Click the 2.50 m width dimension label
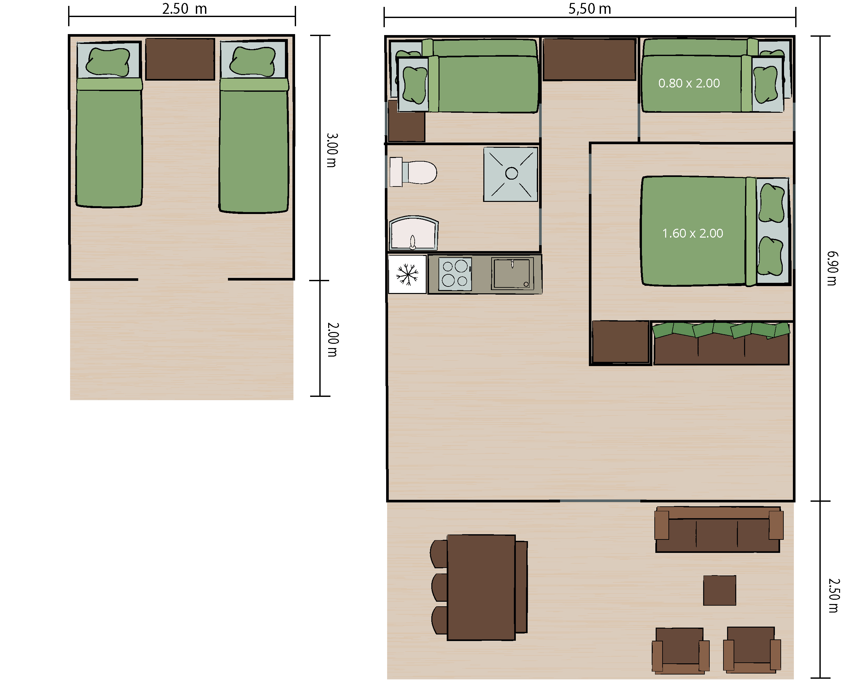(184, 9)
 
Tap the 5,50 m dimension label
(590, 9)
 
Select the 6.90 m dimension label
(833, 268)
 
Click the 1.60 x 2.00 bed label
(692, 233)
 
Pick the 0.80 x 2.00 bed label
(689, 83)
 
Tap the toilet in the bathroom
(413, 172)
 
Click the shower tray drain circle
(511, 173)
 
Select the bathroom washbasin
(414, 233)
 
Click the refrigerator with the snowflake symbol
(407, 274)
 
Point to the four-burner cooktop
(455, 274)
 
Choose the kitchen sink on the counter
(512, 273)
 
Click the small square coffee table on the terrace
(719, 590)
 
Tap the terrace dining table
(481, 587)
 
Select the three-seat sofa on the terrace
(718, 530)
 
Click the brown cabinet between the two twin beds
(180, 59)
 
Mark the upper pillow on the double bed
(771, 204)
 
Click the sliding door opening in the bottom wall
(600, 501)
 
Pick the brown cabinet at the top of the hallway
(589, 59)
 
